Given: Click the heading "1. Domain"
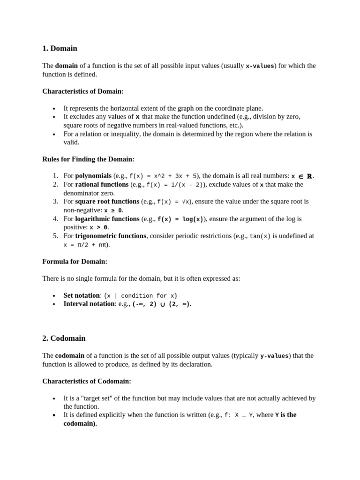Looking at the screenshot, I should [x=60, y=48].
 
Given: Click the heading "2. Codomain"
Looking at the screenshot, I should [x=64, y=338].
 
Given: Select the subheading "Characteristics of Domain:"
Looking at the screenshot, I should [x=83, y=91].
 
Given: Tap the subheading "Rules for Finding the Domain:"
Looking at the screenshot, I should [x=88, y=159].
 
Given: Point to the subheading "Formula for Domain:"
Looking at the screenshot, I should [x=75, y=261].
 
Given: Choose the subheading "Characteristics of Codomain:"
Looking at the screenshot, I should [x=87, y=381].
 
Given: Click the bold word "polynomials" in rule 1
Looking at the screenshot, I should [x=93, y=176].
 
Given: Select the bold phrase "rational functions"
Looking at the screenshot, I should [x=102, y=184].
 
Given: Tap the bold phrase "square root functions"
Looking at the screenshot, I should [x=107, y=202].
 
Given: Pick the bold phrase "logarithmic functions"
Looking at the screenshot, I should [x=107, y=218].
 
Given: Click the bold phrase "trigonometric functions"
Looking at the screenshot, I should [x=111, y=236].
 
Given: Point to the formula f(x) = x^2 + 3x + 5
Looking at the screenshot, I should [x=164, y=176].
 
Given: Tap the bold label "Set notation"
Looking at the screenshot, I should [x=82, y=295].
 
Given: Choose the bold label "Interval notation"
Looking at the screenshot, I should [x=89, y=304].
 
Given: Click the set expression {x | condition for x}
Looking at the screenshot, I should [x=141, y=296].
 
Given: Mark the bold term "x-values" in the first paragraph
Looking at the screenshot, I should [x=260, y=66].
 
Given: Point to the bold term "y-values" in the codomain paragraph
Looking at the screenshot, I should [x=274, y=356].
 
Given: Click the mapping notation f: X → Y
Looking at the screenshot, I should [x=239, y=415].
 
